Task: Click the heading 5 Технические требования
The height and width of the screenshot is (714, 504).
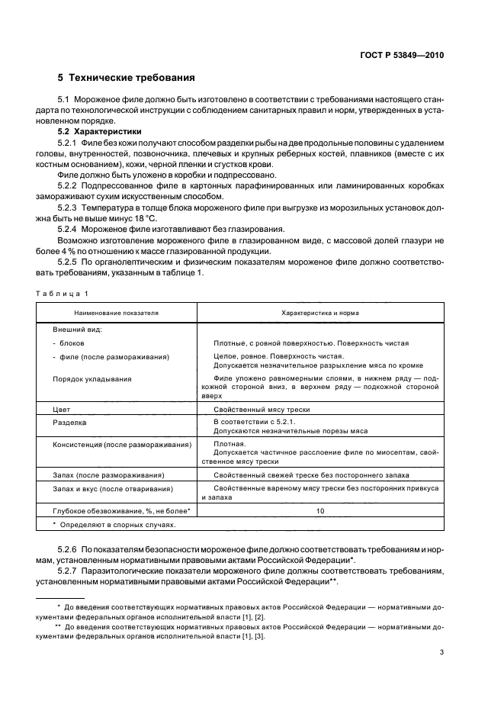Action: pyautogui.click(x=126, y=78)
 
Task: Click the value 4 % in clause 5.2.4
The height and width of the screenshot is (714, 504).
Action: pyautogui.click(x=75, y=252)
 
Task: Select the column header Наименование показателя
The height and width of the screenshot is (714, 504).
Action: pyautogui.click(x=116, y=313)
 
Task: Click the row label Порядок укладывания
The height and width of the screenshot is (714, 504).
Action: pyautogui.click(x=91, y=378)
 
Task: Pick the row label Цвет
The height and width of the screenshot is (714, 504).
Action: pyautogui.click(x=61, y=409)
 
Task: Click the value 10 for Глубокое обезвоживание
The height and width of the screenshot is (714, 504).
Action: pyautogui.click(x=320, y=510)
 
